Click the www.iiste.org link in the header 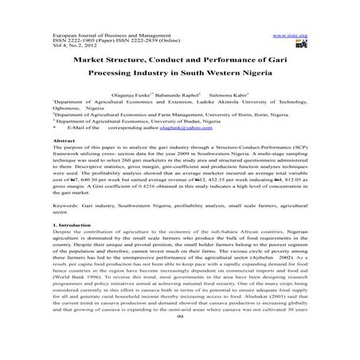click(x=288, y=36)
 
